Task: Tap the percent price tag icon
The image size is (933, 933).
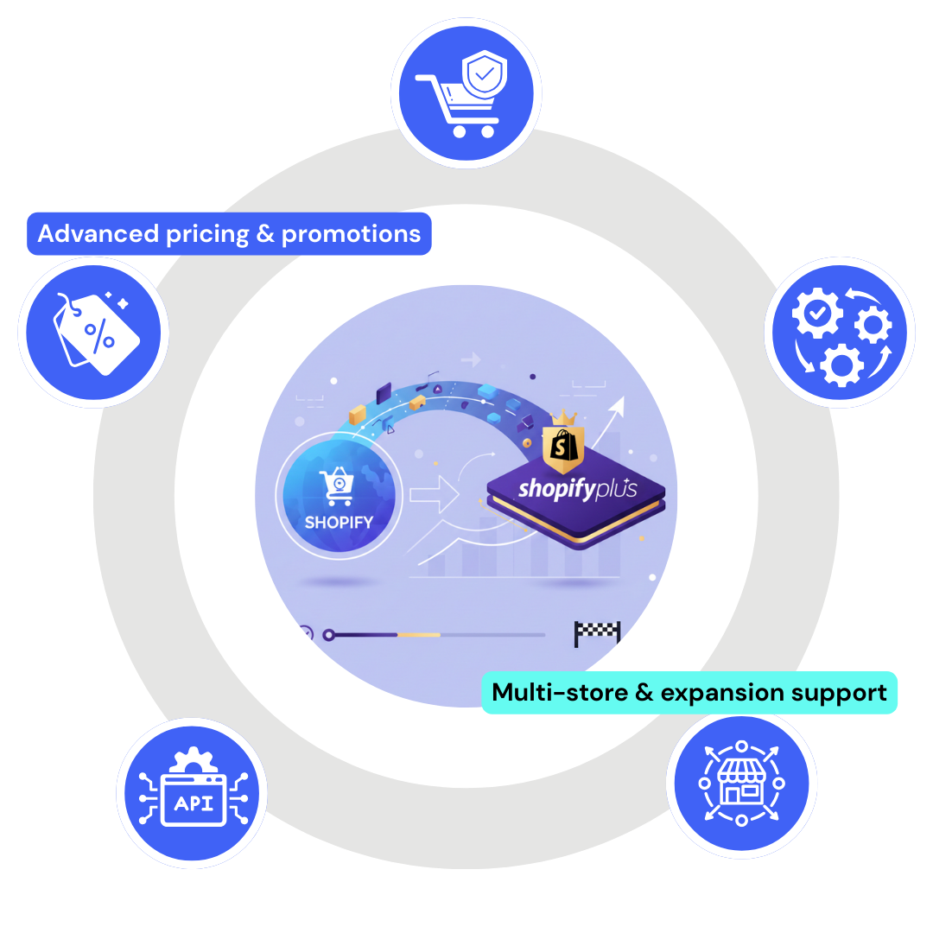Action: point(92,332)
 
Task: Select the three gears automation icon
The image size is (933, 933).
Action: point(839,332)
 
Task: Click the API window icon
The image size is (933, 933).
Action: point(192,794)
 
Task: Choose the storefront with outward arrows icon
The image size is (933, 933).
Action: point(741,784)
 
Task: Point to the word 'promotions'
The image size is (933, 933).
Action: point(351,234)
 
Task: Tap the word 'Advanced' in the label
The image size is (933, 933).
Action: point(98,234)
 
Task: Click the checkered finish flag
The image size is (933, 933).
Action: point(597,633)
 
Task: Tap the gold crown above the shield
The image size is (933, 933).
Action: point(564,418)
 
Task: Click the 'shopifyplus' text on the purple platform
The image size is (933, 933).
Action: point(577,490)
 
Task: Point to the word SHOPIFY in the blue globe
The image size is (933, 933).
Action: point(339,522)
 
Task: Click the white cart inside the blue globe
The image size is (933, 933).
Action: point(337,485)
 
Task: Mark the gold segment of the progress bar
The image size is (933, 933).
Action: point(418,635)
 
